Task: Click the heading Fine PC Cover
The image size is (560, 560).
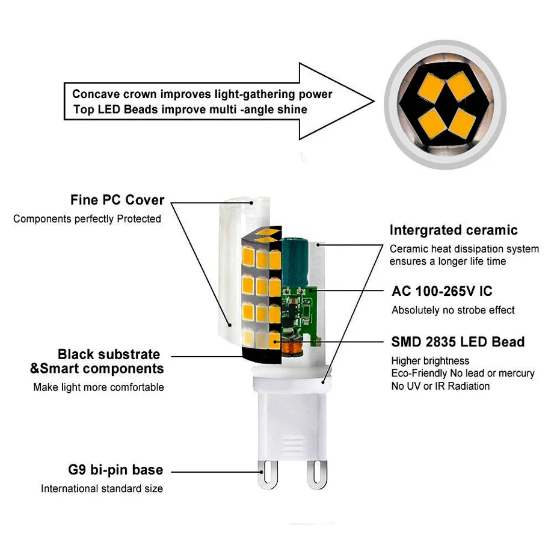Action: [x=117, y=200]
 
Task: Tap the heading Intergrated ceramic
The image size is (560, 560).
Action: [x=453, y=230]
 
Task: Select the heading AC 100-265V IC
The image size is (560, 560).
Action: [x=442, y=292]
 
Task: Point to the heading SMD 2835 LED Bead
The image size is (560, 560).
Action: [x=458, y=342]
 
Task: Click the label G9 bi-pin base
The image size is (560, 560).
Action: [x=115, y=470]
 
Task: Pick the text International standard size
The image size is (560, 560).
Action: [x=102, y=488]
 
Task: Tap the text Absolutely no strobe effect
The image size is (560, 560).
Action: [x=453, y=310]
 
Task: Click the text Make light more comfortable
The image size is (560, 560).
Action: [x=98, y=387]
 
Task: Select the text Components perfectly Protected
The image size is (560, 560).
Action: [x=87, y=219]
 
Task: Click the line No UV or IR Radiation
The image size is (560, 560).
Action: [x=440, y=386]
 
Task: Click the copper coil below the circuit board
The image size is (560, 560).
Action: [x=295, y=348]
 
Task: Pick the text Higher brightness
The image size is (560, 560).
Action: [x=430, y=361]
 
